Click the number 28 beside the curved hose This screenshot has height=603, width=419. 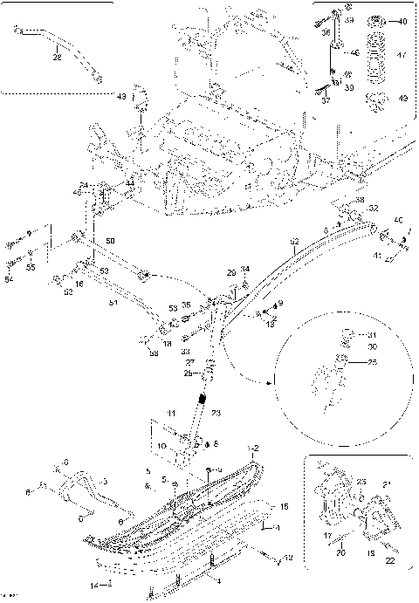pyautogui.click(x=57, y=58)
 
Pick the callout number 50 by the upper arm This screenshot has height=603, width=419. pyautogui.click(x=110, y=241)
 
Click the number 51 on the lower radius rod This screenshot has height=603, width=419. pyautogui.click(x=113, y=303)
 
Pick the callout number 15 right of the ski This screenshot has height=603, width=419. pyautogui.click(x=283, y=506)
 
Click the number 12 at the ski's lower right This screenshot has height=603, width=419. pyautogui.click(x=288, y=558)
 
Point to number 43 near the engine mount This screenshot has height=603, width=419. pyautogui.click(x=122, y=96)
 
